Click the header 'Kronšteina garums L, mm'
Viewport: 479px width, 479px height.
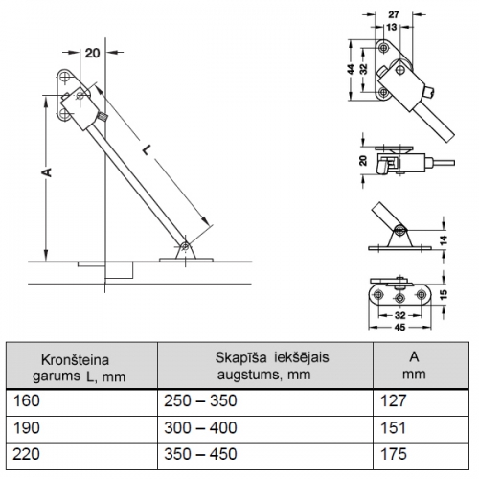[x=79, y=368]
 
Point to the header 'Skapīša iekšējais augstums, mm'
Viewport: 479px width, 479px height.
[x=272, y=366]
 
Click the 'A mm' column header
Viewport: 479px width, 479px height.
[x=414, y=365]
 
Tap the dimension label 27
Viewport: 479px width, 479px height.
[x=394, y=14]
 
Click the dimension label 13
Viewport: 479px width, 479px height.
[x=392, y=27]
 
